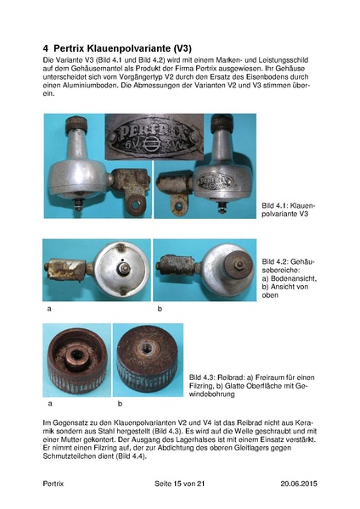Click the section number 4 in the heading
point(46,48)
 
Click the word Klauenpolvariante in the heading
point(112,48)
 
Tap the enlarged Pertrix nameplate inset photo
point(155,137)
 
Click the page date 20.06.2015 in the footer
point(299,484)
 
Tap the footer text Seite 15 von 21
point(180,484)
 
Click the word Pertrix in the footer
point(53,484)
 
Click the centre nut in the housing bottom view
point(124,268)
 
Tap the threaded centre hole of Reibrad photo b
point(145,349)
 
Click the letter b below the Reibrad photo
point(120,404)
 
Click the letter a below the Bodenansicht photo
point(49,309)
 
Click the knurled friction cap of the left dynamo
point(76,124)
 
